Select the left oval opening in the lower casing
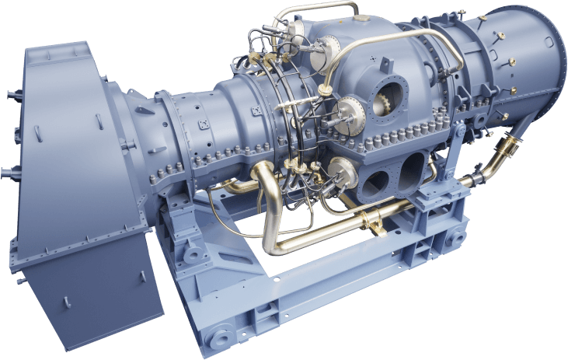(377, 182)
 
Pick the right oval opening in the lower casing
(412, 167)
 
